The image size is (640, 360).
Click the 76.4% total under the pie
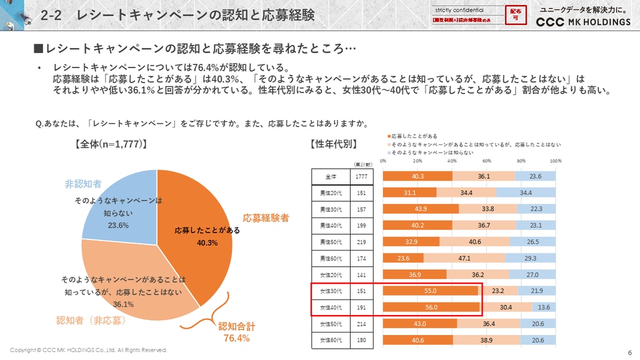pos(236,338)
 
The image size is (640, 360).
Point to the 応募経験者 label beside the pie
pos(266,218)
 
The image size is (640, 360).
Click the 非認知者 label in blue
pos(83,184)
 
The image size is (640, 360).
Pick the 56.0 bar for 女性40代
pos(431,307)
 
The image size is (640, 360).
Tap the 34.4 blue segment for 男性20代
pos(526,192)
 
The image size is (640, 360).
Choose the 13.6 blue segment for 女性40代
pos(544,307)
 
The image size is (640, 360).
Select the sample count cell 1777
pos(361,176)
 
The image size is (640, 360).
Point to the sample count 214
pos(361,324)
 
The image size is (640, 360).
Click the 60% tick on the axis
pos(486,161)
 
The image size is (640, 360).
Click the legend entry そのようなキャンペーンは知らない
pos(431,152)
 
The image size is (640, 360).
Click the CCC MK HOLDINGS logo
pos(584,22)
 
